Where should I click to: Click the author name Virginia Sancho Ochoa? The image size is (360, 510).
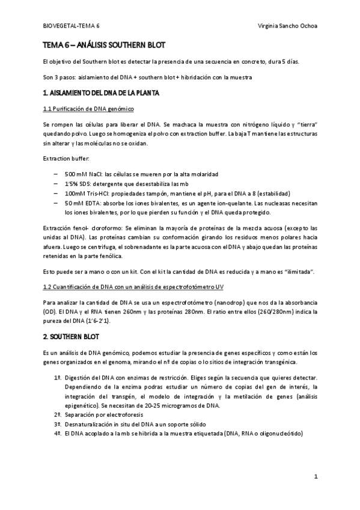click(x=286, y=26)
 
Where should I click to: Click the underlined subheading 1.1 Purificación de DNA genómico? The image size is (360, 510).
click(x=88, y=108)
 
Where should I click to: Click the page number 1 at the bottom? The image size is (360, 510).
click(x=316, y=476)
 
